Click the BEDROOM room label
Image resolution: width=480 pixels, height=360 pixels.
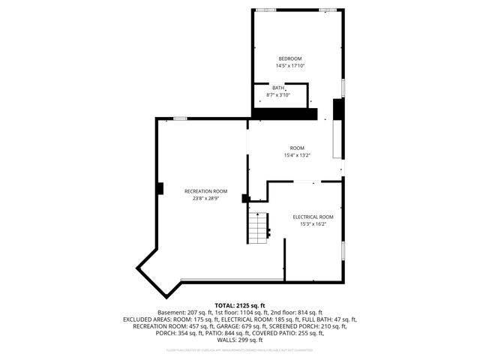(x=289, y=58)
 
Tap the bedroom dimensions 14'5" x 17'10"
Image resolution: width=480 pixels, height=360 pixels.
(x=289, y=66)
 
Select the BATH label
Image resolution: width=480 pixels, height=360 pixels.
(x=278, y=88)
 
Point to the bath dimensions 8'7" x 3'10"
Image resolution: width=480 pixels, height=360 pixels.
(x=278, y=95)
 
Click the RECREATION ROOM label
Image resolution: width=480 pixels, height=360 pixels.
(x=205, y=191)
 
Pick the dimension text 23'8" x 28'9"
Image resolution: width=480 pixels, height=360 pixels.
(x=205, y=199)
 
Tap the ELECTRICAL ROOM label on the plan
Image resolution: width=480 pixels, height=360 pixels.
(x=313, y=217)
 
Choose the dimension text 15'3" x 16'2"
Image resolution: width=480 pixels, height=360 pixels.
(x=313, y=223)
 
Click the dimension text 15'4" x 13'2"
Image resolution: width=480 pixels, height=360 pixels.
(x=297, y=155)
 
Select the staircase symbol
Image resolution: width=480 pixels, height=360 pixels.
(x=258, y=224)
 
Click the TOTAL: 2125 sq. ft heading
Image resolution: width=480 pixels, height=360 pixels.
(x=240, y=305)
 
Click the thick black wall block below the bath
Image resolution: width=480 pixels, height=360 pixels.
(x=284, y=113)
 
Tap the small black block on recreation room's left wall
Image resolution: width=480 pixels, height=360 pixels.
(x=160, y=188)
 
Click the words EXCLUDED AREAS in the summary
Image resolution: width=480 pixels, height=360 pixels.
(x=145, y=319)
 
